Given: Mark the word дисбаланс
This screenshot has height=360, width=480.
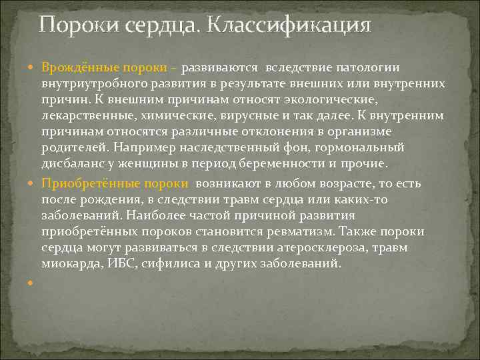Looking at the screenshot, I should tap(71, 163).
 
